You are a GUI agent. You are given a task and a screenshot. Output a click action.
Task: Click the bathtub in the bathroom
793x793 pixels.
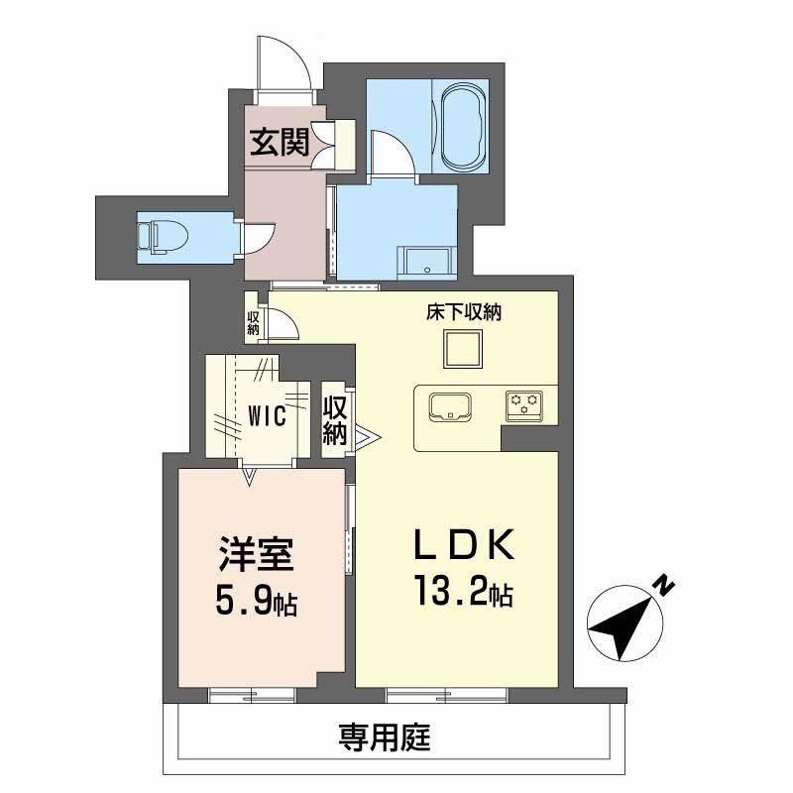461,127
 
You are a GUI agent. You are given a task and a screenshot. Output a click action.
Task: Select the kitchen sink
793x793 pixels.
451,406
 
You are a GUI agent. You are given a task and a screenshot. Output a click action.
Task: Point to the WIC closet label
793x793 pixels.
267,415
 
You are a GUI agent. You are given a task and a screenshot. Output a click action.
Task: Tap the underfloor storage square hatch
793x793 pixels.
461,349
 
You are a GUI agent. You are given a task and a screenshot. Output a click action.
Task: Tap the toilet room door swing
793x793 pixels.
256,238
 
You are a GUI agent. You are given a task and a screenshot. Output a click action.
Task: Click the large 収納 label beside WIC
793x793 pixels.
335,419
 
